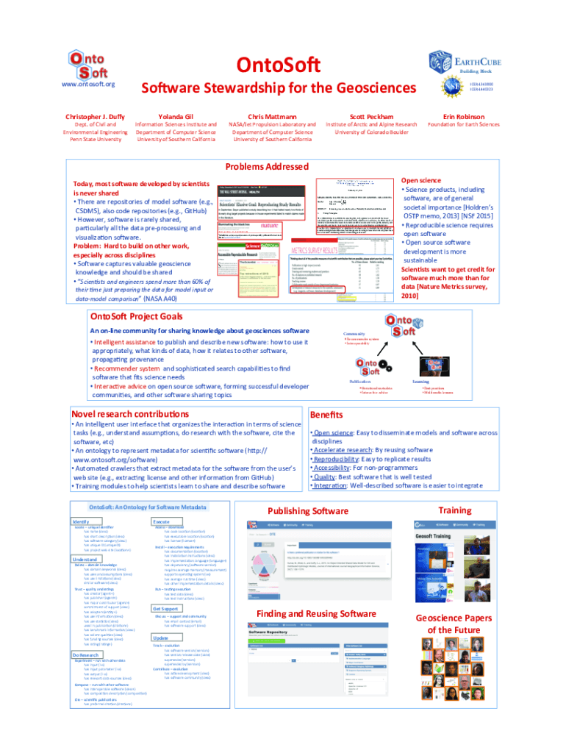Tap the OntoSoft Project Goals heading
pos(136,316)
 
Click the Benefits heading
pos(329,414)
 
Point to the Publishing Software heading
pos(308,511)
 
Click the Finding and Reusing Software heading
pos(316,613)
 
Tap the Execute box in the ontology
pos(162,521)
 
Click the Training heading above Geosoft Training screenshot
pos(454,510)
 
